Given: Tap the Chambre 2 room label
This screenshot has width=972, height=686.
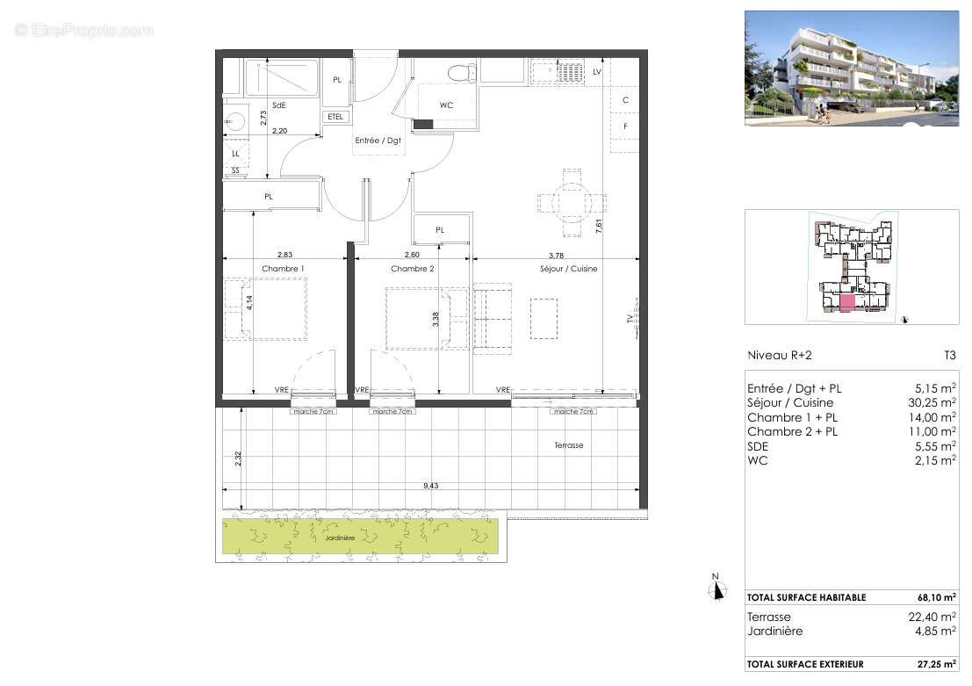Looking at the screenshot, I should pos(413,269).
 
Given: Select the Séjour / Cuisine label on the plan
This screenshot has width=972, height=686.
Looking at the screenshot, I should pos(568,269).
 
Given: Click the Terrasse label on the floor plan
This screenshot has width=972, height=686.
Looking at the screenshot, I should pos(568,445).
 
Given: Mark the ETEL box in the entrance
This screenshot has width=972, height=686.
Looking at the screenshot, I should pos(336,117).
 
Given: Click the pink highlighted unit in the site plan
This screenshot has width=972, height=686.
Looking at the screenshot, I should pos(847,304).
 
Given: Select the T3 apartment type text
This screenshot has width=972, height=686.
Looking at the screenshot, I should pos(948,356).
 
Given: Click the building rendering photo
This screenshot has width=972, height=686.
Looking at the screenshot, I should pos(851,68).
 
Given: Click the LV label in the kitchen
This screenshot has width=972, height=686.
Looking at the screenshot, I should pos(597,71).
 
